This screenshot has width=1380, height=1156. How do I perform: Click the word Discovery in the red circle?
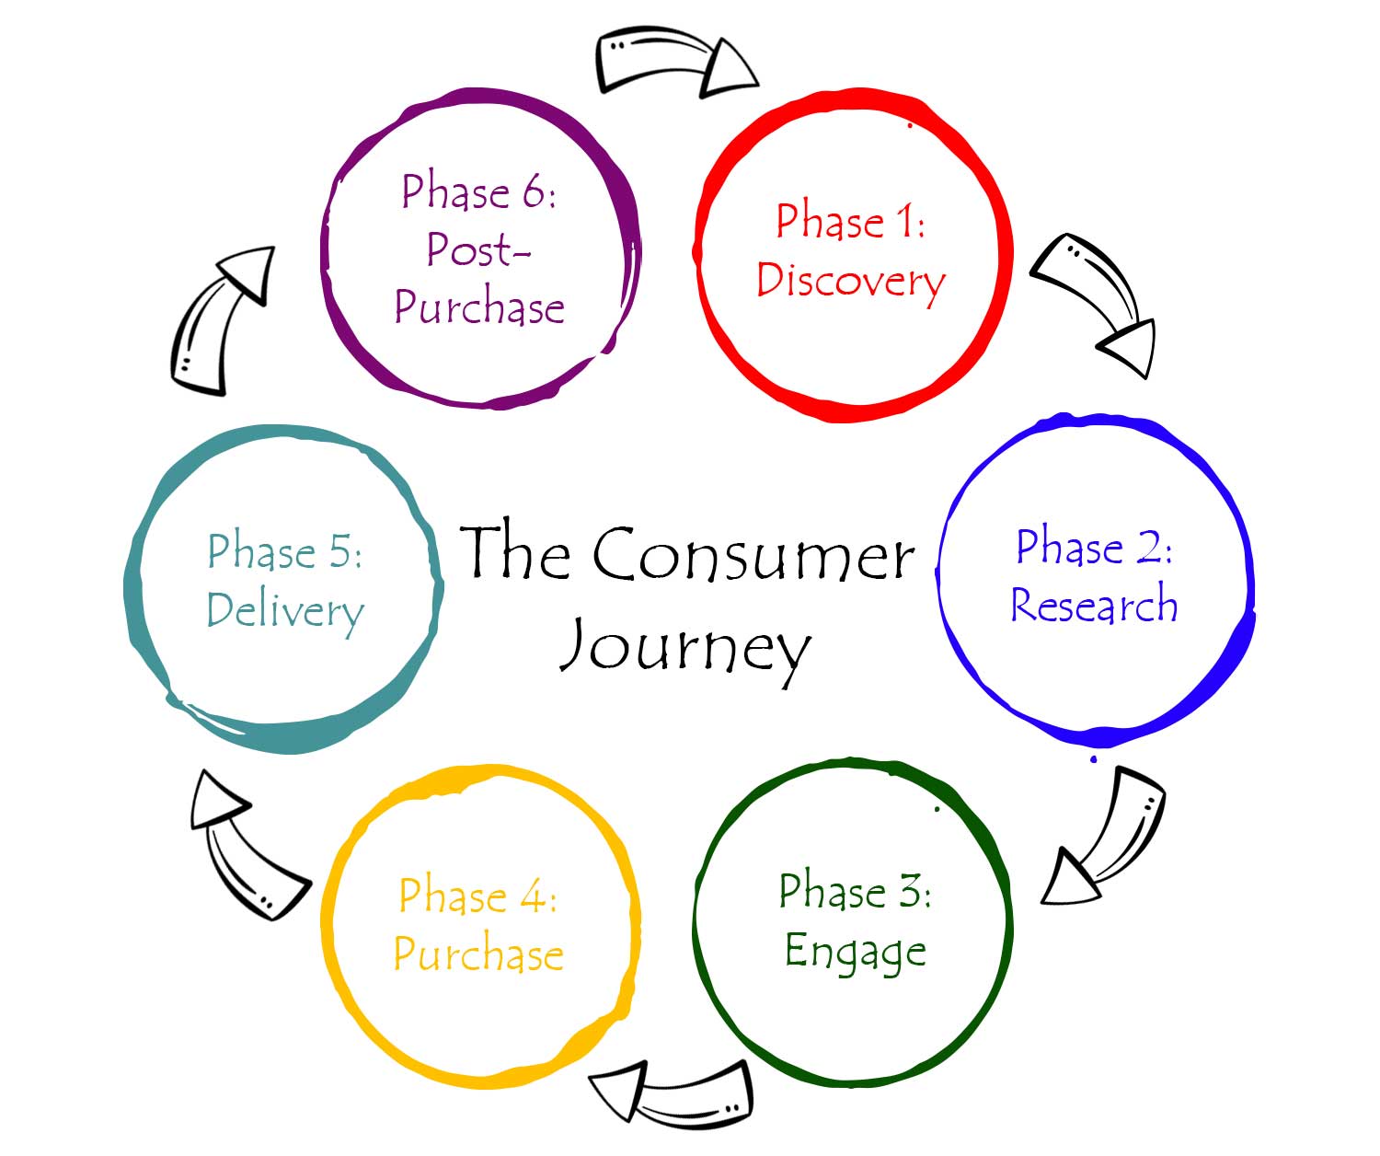(850, 281)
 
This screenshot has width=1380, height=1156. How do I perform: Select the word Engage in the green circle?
(855, 952)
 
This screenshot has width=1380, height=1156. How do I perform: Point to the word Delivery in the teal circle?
(285, 611)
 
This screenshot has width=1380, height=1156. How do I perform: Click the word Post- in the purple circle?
(478, 249)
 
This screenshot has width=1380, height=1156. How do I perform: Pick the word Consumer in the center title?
(753, 555)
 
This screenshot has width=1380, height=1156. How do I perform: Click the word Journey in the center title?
(685, 647)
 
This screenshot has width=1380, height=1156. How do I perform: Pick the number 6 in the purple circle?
(535, 192)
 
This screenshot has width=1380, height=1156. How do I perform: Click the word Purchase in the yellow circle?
(478, 954)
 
